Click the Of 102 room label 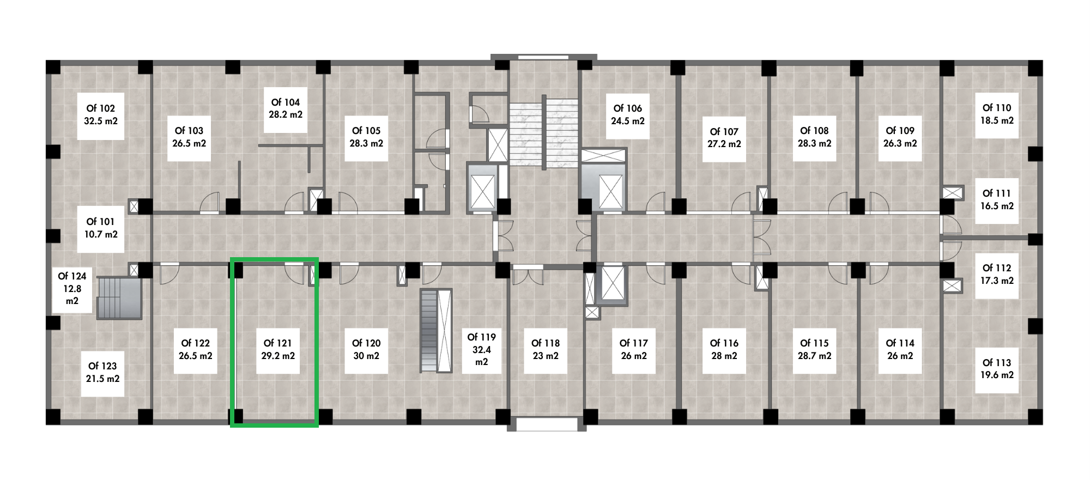point(101,108)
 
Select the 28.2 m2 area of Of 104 point(286,115)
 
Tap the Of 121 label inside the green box point(278,343)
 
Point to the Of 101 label point(101,222)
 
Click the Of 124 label point(72,276)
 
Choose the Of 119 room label point(482,337)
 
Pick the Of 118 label point(546,343)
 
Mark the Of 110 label point(997,108)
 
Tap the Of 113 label point(997,363)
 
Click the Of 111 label point(997,193)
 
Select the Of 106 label point(628,108)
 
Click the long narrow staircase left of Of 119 point(436,331)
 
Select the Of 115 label point(814,343)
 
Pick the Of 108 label point(814,131)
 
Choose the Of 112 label point(997,268)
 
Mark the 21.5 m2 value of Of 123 point(102,379)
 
